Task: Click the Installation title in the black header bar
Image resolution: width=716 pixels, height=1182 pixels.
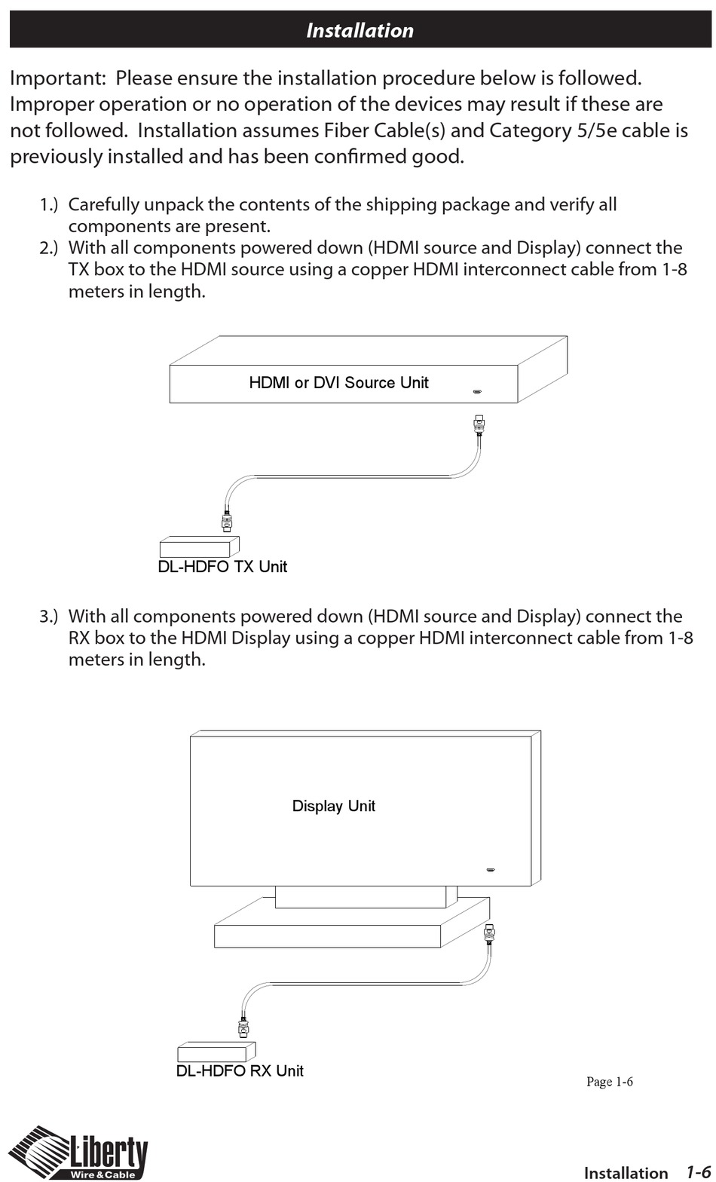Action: click(x=360, y=30)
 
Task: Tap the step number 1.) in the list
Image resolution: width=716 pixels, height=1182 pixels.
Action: click(x=49, y=205)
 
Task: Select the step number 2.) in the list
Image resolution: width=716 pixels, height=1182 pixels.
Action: click(x=49, y=248)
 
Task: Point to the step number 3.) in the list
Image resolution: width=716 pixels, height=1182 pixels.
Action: click(x=49, y=617)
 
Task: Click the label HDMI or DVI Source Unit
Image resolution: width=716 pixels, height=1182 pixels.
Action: click(x=338, y=383)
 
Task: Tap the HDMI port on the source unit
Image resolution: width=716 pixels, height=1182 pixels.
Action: click(x=477, y=392)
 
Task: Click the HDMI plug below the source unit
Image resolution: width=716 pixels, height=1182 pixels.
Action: click(x=479, y=425)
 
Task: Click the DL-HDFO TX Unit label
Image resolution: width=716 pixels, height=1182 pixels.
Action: click(x=222, y=567)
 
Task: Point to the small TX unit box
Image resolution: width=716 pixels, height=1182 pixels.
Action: click(x=198, y=547)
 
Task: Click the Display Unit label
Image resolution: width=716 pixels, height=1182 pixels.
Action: click(x=333, y=807)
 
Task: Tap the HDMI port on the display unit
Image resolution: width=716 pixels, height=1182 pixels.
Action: click(x=490, y=871)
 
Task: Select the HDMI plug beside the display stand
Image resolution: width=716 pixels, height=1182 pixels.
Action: click(x=489, y=935)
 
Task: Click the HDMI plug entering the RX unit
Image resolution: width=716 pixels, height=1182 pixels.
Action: click(x=243, y=1027)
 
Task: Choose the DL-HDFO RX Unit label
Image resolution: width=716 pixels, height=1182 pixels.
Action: click(x=240, y=1071)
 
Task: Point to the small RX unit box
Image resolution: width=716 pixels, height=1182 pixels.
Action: click(x=216, y=1052)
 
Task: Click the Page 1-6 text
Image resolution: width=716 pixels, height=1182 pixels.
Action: click(x=609, y=1082)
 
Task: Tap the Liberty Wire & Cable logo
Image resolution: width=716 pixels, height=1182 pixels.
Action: click(x=78, y=1153)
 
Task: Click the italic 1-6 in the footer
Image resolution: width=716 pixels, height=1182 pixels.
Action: click(x=697, y=1172)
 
